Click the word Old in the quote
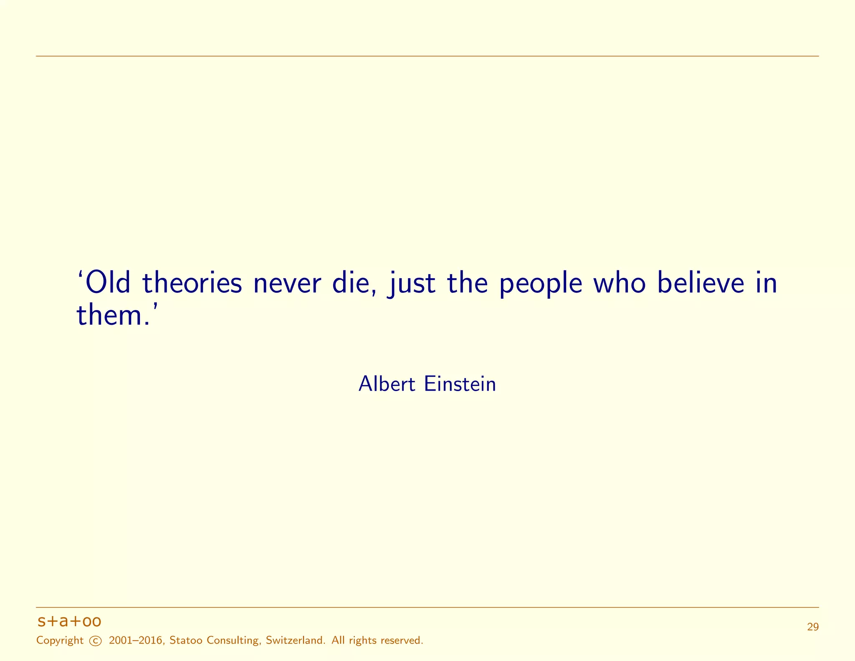tap(108, 283)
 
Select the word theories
tap(192, 283)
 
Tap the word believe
tap(701, 283)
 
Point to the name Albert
tap(387, 384)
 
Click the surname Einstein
tap(460, 384)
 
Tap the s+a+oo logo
tap(69, 621)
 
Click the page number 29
tap(812, 627)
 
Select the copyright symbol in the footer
tap(96, 641)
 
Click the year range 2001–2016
tap(136, 641)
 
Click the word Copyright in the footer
tap(60, 641)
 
